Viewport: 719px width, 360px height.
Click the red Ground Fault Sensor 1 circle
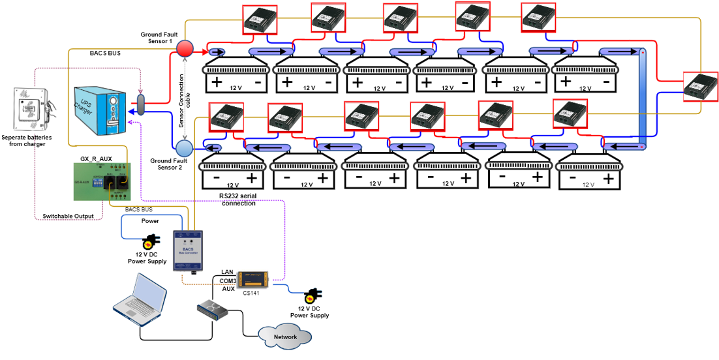pos(185,48)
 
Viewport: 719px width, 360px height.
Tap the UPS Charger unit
pos(97,106)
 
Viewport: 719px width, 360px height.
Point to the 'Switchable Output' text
pos(68,216)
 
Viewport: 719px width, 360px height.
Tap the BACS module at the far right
pos(700,85)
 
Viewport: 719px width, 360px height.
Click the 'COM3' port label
pos(226,280)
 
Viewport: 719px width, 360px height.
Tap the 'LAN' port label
pos(227,271)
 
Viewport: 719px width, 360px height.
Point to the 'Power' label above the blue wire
pos(151,221)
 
